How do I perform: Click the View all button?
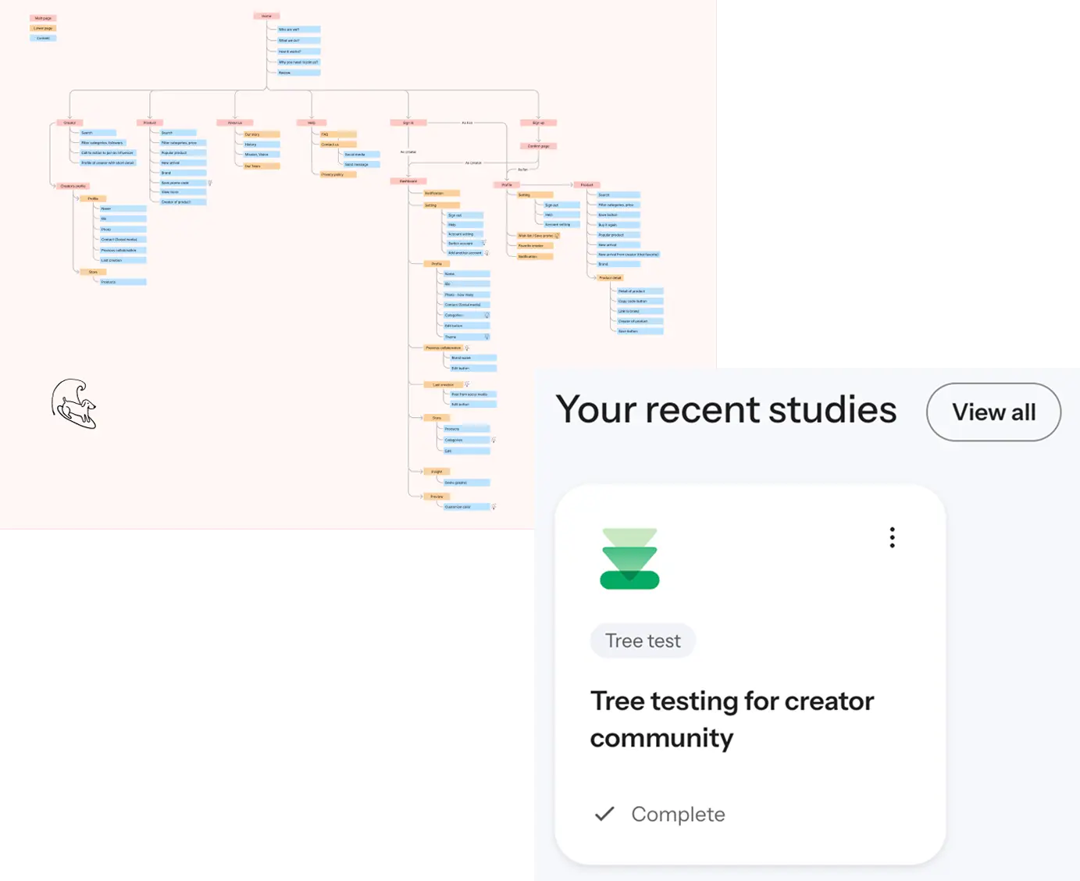tap(993, 412)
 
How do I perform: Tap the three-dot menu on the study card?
tap(892, 537)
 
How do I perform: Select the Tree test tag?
tap(643, 641)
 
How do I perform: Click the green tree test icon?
tap(629, 558)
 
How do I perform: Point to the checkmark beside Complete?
tap(604, 814)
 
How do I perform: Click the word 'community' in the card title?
tap(661, 738)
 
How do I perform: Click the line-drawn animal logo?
tap(74, 404)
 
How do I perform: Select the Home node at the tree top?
tap(266, 16)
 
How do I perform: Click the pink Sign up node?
tap(538, 123)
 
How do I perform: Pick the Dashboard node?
tap(408, 181)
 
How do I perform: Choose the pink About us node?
tap(235, 123)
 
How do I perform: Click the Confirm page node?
tap(538, 146)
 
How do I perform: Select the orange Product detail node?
tap(611, 278)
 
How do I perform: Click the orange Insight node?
tap(437, 472)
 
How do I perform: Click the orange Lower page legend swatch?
tap(43, 28)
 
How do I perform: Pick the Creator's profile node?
tap(73, 186)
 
